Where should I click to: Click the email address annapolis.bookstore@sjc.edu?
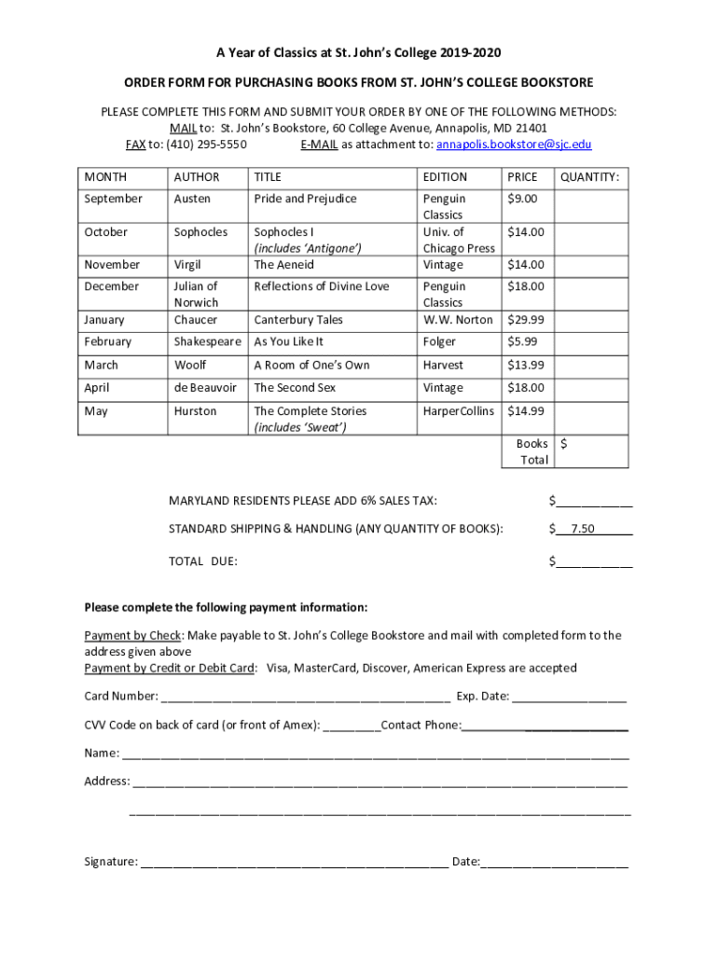514,145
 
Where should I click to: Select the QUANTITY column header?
588,177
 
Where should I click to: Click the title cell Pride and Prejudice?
305,199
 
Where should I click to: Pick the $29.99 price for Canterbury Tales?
526,320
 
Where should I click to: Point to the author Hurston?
195,411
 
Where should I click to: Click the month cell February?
108,342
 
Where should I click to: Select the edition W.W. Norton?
458,320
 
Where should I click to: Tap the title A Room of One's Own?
311,366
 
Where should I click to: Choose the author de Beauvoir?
205,388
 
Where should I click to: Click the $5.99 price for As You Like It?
522,342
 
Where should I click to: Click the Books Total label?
533,452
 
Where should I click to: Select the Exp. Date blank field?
569,697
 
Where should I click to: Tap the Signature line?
294,863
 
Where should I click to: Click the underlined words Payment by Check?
133,636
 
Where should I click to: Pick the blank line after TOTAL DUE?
594,561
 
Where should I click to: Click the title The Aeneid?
285,265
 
